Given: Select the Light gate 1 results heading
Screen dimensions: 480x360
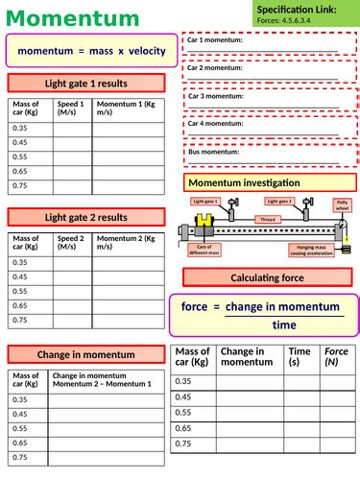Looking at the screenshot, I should click(86, 83).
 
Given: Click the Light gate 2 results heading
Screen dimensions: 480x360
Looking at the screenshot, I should click(86, 218).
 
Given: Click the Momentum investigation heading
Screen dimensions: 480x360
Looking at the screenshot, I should click(244, 182).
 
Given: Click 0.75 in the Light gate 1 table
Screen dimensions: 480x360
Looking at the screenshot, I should click(20, 185).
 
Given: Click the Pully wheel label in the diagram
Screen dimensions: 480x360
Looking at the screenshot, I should click(342, 205).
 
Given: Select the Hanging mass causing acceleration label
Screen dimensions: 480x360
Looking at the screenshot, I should click(308, 250).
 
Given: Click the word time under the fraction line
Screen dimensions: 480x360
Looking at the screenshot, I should click(284, 324).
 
